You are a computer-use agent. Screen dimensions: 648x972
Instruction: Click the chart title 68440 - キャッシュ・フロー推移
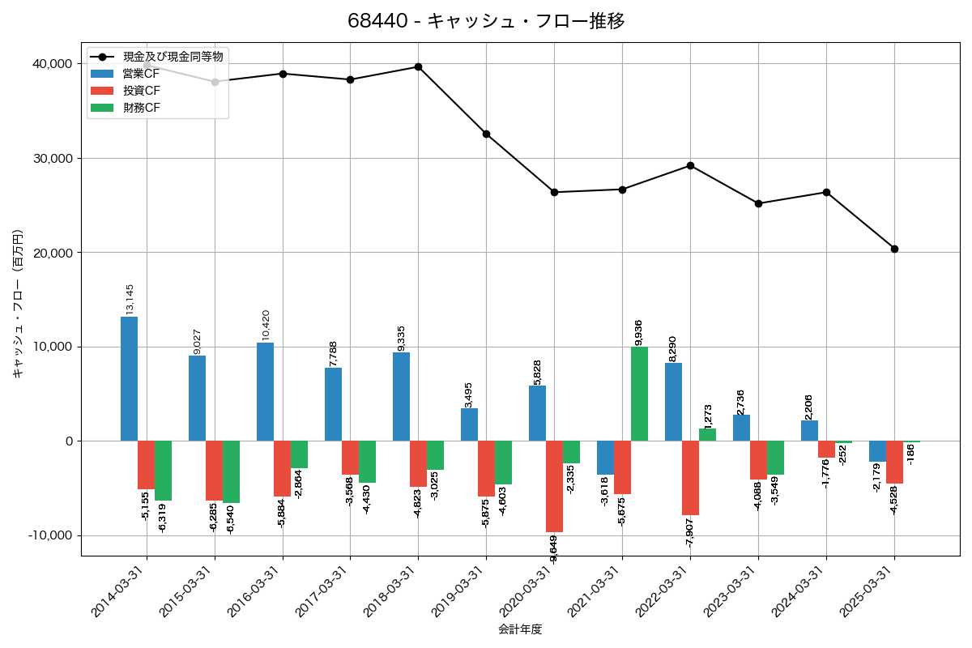coord(486,21)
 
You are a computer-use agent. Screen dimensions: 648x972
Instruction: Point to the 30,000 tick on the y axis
coord(49,158)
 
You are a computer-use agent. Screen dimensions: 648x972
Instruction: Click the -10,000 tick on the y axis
coord(47,535)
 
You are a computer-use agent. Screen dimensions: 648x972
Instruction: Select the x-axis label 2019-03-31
coord(458,599)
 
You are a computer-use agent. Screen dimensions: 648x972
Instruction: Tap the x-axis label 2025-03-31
coord(866,599)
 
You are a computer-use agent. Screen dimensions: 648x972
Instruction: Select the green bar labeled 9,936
coord(639,394)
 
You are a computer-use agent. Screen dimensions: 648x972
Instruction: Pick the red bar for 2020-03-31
coord(554,486)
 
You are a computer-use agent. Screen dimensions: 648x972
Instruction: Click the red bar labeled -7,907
coord(690,478)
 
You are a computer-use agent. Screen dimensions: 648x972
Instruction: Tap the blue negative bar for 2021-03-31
coord(605,458)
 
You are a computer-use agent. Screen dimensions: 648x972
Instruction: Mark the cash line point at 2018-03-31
coord(418,66)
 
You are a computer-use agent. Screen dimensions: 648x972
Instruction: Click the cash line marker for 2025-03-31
coord(894,249)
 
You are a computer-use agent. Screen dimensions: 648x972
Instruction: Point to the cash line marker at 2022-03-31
coord(690,165)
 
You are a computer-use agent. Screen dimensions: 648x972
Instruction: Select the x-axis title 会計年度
coord(520,629)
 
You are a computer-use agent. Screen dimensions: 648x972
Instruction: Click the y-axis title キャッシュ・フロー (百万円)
coord(18,304)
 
